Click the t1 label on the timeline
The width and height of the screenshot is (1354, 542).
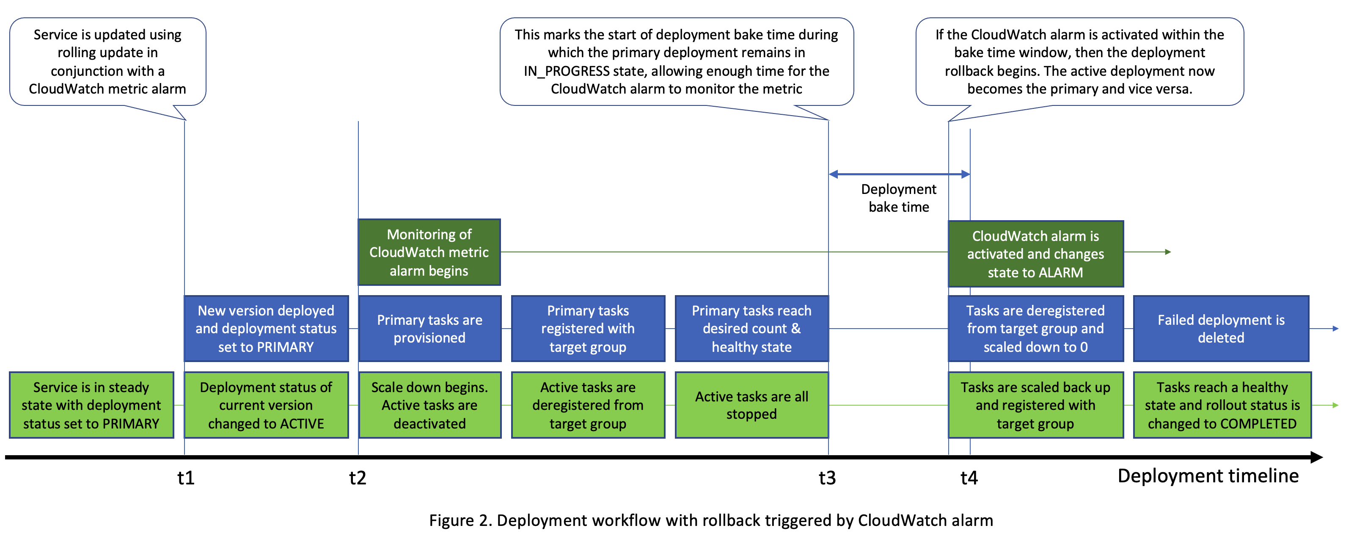(186, 478)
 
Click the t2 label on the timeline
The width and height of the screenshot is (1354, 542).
(358, 478)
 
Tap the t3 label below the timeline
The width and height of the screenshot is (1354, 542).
(827, 478)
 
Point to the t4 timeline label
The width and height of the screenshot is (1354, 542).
(969, 478)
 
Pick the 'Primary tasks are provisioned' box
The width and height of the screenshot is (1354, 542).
(429, 328)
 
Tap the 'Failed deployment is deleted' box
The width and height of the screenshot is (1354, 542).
(1220, 328)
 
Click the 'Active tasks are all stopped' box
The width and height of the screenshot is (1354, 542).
(751, 405)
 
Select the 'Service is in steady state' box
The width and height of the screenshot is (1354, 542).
(91, 405)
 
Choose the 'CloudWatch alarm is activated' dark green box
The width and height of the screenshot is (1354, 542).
(1035, 254)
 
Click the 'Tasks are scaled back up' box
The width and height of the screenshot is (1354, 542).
(1035, 405)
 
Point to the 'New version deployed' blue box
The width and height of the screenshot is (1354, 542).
(266, 328)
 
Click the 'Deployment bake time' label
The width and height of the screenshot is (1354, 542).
(898, 198)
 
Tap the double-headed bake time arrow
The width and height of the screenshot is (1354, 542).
(899, 174)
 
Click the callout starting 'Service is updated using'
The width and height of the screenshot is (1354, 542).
(108, 61)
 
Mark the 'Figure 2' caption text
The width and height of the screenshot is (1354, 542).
(711, 520)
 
